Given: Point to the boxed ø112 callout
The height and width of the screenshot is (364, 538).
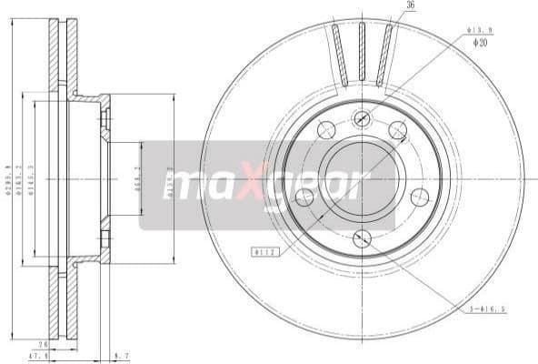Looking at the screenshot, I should (x=264, y=251).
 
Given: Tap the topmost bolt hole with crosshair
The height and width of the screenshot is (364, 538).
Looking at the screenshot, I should (x=362, y=116).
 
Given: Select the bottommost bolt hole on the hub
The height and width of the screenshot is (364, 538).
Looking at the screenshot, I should (x=362, y=239).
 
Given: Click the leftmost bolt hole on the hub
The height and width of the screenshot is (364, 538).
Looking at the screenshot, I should (x=304, y=197).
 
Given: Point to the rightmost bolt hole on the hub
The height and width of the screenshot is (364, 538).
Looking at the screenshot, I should (x=419, y=197).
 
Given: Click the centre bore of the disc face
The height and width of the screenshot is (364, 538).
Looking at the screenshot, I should (x=362, y=178).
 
